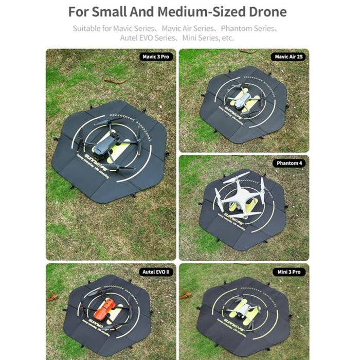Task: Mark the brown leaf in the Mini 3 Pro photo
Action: coord(185,295)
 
